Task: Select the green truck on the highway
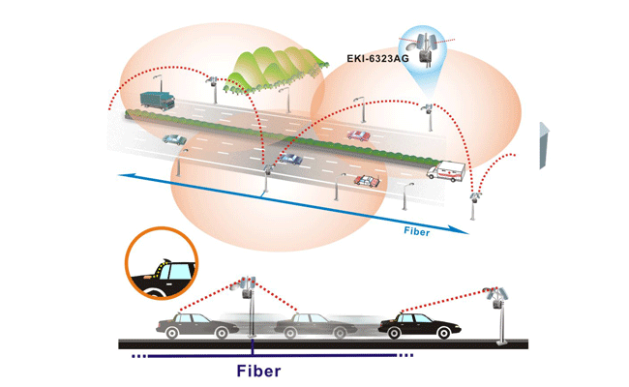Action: pyautogui.click(x=155, y=100)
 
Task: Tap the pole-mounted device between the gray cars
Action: pyautogui.click(x=248, y=286)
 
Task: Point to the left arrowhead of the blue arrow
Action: pyautogui.click(x=123, y=175)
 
